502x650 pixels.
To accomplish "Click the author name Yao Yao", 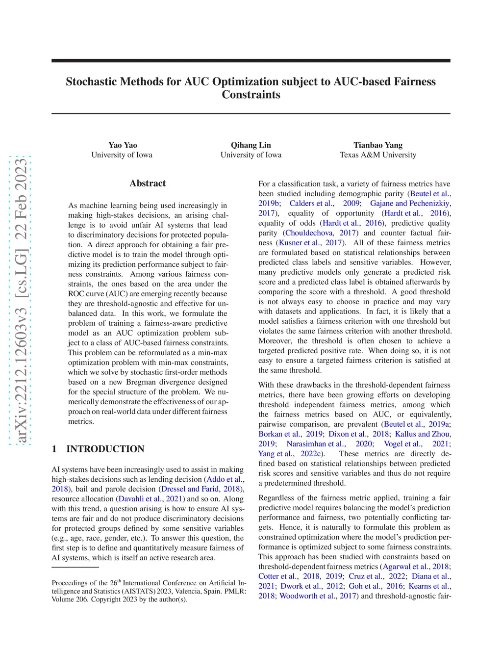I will click(123, 145).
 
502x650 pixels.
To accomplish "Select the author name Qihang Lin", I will click(251, 145).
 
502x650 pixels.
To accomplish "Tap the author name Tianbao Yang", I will click(377, 145).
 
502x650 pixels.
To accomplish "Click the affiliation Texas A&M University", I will click(377, 155).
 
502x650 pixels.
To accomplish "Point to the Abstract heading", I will click(148, 183).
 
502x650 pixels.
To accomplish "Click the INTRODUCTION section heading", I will click(105, 449).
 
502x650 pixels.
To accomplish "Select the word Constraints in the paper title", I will click(251, 95).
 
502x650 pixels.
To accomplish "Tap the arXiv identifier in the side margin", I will click(21, 299).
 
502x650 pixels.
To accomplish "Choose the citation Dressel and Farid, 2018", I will click(201, 489).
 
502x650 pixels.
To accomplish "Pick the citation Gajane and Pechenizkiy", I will click(409, 204).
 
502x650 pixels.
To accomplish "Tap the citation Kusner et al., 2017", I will click(310, 243).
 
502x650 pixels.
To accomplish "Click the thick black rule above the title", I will click(251, 61).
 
